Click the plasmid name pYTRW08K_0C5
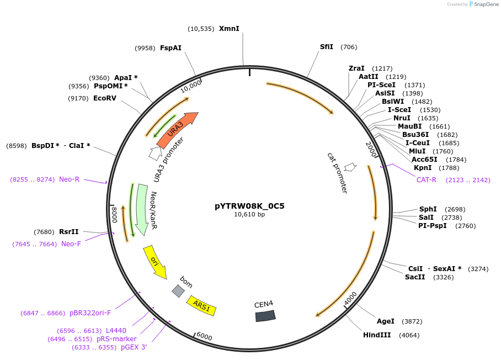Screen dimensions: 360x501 pos(249,206)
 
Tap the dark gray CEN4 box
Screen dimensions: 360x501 pos(265,315)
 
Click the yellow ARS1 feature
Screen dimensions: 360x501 pos(201,306)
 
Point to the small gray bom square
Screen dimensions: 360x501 pos(178,291)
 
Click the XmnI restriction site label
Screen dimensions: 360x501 pos(229,28)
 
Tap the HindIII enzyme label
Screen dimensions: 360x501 pos(377,335)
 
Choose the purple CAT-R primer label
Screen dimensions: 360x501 pos(426,179)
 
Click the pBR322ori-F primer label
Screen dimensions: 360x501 pos(90,313)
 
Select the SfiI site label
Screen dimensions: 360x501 pos(327,47)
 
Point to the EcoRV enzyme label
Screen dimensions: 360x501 pos(105,98)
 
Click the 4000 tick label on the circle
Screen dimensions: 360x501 pos(350,299)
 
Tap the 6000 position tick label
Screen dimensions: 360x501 pos(204,336)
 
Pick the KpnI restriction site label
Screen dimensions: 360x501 pos(422,168)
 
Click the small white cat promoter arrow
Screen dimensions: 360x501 pos(349,167)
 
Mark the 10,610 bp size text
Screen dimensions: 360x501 pos(249,215)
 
